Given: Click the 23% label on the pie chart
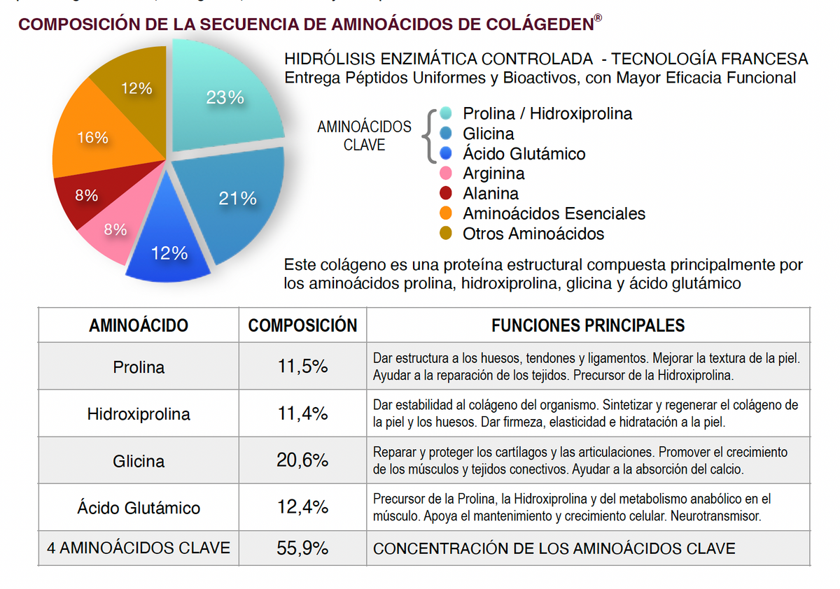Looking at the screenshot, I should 225,98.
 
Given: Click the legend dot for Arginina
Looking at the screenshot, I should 445,173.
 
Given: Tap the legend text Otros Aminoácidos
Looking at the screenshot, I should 533,234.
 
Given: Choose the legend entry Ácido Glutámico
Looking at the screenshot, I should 524,153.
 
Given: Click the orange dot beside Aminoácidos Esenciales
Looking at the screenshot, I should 445,213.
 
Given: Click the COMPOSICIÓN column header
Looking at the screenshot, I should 302,325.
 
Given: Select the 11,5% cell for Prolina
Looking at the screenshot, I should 302,367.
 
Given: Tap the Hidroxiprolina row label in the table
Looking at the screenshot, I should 139,414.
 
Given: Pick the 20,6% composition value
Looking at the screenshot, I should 302,461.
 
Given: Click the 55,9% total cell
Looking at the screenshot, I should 302,548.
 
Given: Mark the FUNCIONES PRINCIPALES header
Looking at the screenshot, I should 588,325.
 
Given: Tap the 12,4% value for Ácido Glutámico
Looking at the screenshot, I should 302,507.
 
